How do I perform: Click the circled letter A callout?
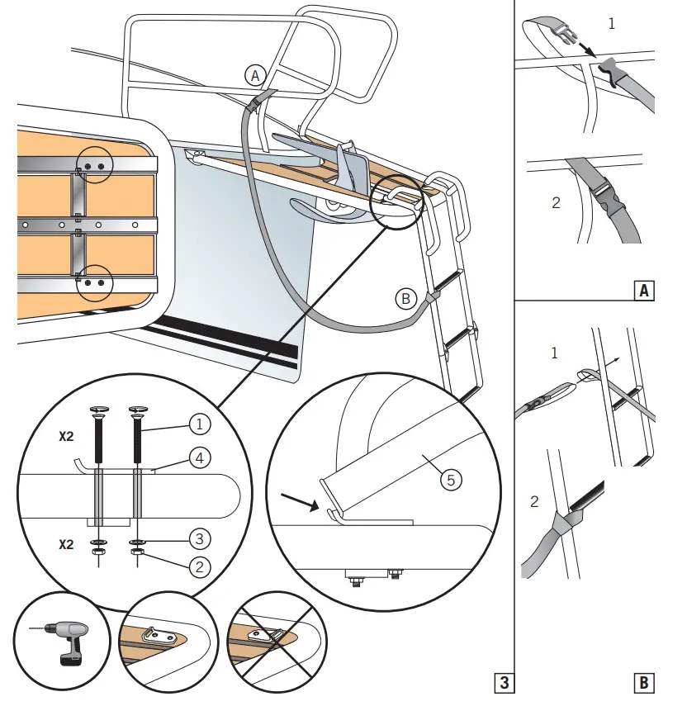click(254, 75)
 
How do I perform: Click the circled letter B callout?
click(405, 299)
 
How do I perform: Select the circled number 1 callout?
click(198, 424)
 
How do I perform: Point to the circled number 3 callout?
click(198, 539)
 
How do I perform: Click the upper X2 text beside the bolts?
click(67, 438)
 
